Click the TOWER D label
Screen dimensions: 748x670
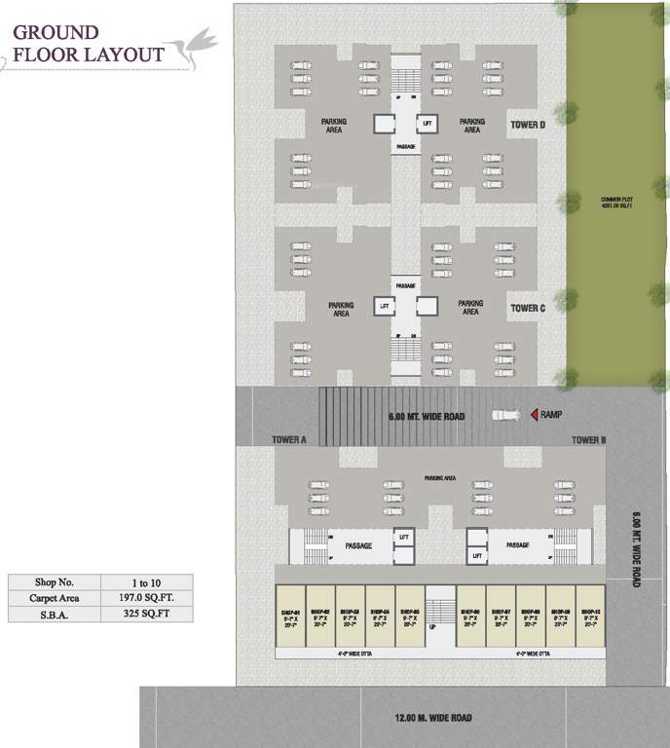528,126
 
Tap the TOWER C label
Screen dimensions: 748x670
528,308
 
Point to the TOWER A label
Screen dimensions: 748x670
289,440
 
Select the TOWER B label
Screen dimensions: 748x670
588,440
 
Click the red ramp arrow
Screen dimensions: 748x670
535,415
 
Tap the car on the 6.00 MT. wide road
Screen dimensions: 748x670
505,415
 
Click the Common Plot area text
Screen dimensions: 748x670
617,203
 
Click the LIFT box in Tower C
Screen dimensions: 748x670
385,305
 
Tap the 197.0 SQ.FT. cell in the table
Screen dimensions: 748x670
146,597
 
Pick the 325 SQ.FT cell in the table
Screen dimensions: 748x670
146,615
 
